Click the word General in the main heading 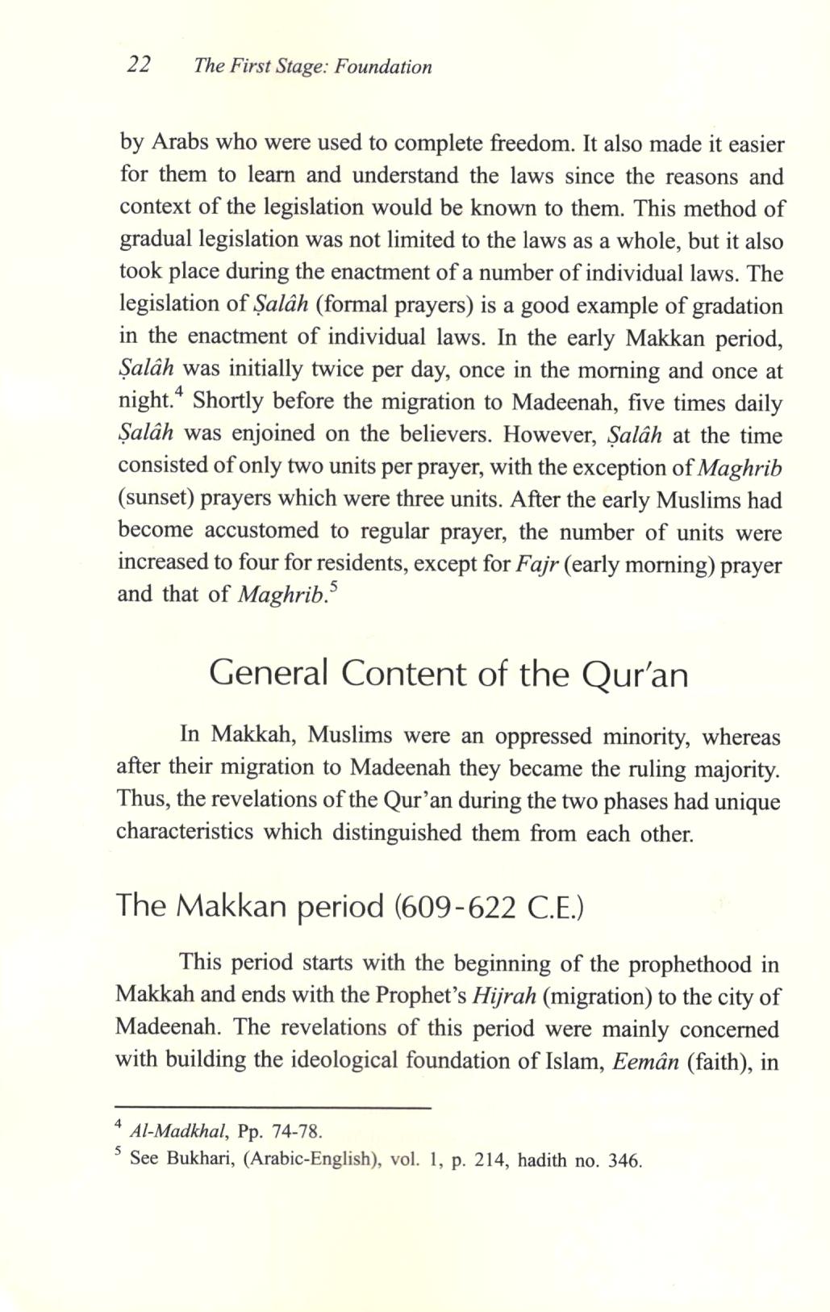click(x=268, y=674)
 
